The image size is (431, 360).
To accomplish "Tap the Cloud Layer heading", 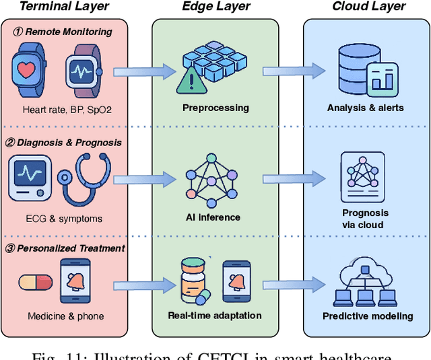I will [x=369, y=7].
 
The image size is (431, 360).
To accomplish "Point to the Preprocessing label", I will [x=215, y=108].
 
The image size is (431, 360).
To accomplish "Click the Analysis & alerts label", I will [x=366, y=108].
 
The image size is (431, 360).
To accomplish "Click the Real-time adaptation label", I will [x=215, y=315].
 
